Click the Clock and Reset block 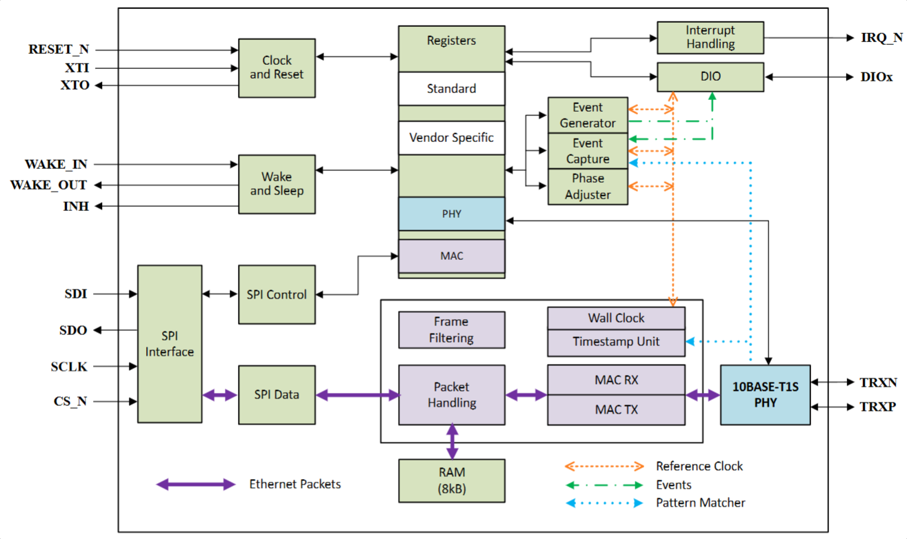(x=277, y=68)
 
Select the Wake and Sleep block (x=277, y=184)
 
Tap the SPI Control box (x=277, y=294)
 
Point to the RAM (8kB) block (x=451, y=480)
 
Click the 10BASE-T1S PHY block (x=765, y=395)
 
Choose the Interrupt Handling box (x=710, y=37)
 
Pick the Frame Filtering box (x=451, y=330)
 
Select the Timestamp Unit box (x=616, y=342)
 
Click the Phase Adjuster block (x=588, y=187)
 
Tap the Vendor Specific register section (x=451, y=138)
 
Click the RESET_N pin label (x=59, y=50)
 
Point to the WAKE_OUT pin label (x=48, y=185)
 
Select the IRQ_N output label (x=881, y=38)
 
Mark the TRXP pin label (x=877, y=407)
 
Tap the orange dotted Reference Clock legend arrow (x=604, y=467)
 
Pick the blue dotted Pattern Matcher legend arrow (x=604, y=503)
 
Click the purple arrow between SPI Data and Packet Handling (x=358, y=395)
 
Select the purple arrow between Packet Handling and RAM (x=452, y=442)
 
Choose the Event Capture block (x=588, y=151)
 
